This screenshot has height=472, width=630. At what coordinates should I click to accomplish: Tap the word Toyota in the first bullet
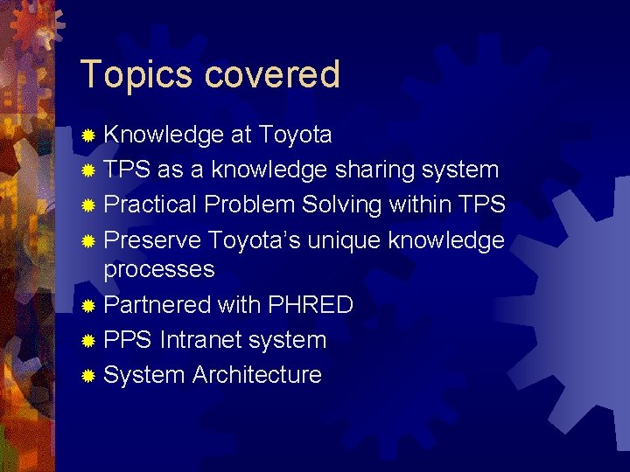[x=293, y=135]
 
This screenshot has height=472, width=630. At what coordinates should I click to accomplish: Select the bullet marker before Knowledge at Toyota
[x=88, y=136]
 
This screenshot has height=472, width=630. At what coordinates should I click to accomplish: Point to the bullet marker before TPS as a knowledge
[x=88, y=171]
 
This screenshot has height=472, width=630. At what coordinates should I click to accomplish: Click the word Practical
[x=150, y=205]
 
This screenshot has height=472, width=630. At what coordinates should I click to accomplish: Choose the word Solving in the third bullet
[x=342, y=205]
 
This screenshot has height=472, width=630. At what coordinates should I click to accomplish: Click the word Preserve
[x=153, y=239]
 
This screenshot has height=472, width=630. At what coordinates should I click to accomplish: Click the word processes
[x=159, y=270]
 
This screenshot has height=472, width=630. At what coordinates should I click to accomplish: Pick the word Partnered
[x=157, y=305]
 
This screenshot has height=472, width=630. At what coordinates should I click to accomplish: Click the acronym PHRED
[x=310, y=305]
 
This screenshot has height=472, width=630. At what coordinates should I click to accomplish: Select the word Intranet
[x=203, y=340]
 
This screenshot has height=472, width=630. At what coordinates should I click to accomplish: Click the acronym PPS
[x=128, y=340]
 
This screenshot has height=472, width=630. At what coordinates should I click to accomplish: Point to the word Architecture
[x=257, y=375]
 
